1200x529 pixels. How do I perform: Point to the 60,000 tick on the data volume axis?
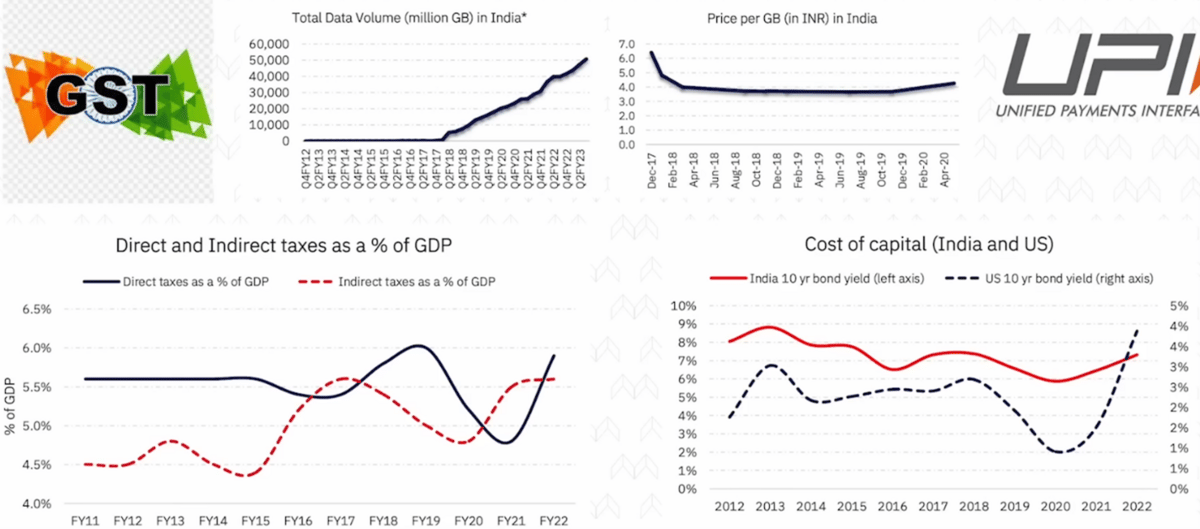[x=263, y=45]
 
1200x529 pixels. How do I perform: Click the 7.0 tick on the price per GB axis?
[x=628, y=45]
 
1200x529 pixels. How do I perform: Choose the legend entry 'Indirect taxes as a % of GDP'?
[x=411, y=282]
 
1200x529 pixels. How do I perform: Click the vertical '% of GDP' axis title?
[x=9, y=405]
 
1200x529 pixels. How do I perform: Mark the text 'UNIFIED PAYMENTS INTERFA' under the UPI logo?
[x=1095, y=113]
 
